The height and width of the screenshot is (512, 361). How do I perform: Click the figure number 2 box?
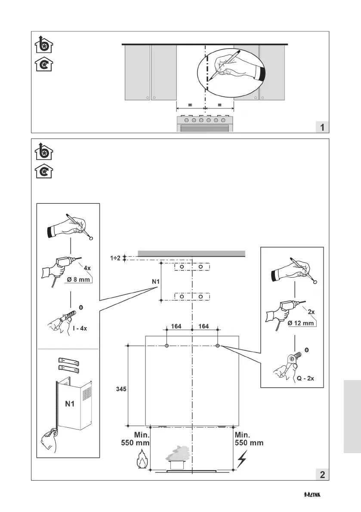tap(322, 474)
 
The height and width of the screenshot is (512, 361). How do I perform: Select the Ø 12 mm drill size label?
tap(300, 323)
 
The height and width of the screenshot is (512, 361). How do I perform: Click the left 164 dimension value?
tap(176, 327)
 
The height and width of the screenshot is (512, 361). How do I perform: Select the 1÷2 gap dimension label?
tap(114, 258)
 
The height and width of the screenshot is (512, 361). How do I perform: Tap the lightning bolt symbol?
tap(242, 460)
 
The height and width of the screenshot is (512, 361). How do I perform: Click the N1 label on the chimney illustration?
tap(71, 404)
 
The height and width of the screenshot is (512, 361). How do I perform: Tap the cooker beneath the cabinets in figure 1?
tap(205, 123)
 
